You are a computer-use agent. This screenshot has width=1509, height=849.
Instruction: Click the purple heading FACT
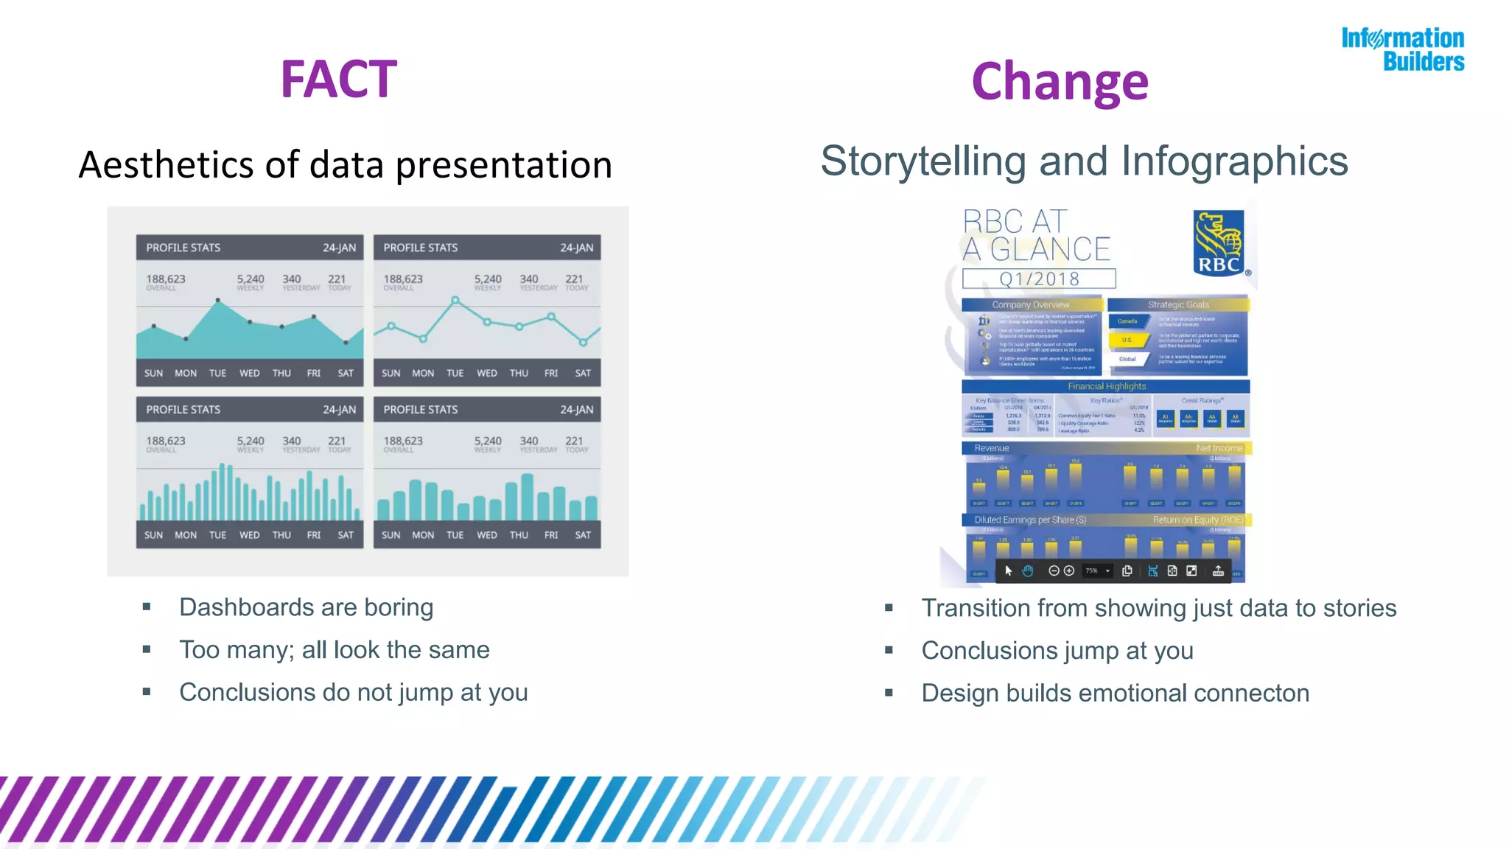pyautogui.click(x=338, y=79)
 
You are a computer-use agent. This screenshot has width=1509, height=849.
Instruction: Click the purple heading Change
pyautogui.click(x=1060, y=82)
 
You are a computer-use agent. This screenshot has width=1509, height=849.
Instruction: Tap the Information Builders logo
pyautogui.click(x=1403, y=49)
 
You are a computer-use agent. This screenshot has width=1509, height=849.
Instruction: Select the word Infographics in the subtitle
pyautogui.click(x=1234, y=161)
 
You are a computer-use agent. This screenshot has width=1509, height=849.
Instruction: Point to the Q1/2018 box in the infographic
pyautogui.click(x=1039, y=279)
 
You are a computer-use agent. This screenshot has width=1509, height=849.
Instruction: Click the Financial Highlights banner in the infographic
pyautogui.click(x=1107, y=386)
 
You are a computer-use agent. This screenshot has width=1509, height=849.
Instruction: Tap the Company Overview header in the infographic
pyautogui.click(x=1030, y=304)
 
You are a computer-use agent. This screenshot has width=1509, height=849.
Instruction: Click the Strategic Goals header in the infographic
pyautogui.click(x=1178, y=304)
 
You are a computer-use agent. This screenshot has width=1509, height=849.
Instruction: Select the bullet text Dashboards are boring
pyautogui.click(x=306, y=607)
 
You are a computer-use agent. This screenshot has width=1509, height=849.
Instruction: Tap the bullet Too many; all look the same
pyautogui.click(x=334, y=650)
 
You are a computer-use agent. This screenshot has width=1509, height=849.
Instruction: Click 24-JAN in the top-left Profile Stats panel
pyautogui.click(x=339, y=248)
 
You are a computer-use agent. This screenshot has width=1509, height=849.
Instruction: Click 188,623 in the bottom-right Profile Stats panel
pyautogui.click(x=403, y=441)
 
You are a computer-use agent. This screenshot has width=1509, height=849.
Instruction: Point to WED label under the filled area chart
pyautogui.click(x=249, y=373)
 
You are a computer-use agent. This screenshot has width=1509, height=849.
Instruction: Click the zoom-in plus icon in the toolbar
pyautogui.click(x=1069, y=571)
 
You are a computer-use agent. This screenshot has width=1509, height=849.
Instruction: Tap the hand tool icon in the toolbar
pyautogui.click(x=1028, y=571)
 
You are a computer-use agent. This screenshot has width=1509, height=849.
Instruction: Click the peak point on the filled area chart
pyautogui.click(x=217, y=301)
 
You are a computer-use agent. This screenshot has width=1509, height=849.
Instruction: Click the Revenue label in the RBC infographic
pyautogui.click(x=991, y=448)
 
